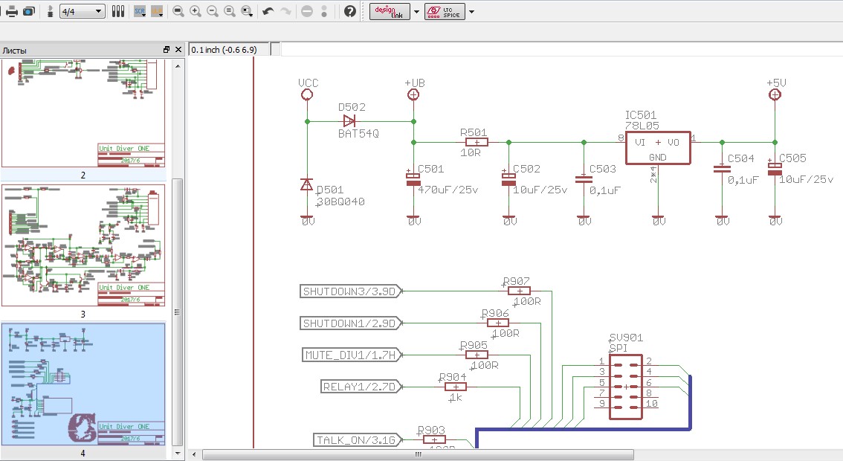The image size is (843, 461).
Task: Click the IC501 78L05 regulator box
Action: (658, 147)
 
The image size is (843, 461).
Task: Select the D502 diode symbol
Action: (349, 120)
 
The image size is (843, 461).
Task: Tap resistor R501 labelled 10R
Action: (475, 142)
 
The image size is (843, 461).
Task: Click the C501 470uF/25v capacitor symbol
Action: (413, 178)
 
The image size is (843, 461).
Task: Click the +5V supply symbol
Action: (775, 94)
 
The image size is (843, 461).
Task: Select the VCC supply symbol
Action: (307, 94)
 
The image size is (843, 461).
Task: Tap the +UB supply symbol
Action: (413, 94)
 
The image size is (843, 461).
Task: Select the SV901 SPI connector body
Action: (626, 387)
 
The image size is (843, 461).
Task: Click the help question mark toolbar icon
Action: (350, 11)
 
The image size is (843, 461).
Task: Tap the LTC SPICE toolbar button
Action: (445, 11)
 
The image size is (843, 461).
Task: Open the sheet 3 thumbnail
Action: (83, 245)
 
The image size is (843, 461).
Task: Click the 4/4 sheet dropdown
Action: (82, 11)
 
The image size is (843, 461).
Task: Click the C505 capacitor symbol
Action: (775, 169)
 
